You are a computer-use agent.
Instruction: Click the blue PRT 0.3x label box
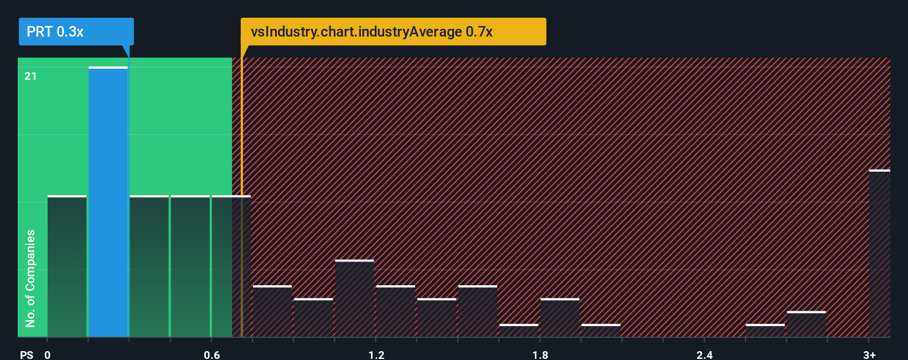pyautogui.click(x=76, y=32)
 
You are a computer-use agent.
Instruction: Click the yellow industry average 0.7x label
pyautogui.click(x=393, y=32)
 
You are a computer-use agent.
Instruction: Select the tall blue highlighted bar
pyautogui.click(x=108, y=202)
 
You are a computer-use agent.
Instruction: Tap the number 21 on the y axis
pyautogui.click(x=30, y=76)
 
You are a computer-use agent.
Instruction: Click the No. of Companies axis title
pyautogui.click(x=30, y=278)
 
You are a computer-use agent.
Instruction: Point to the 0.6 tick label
pyautogui.click(x=211, y=354)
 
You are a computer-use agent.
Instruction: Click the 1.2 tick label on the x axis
pyautogui.click(x=376, y=354)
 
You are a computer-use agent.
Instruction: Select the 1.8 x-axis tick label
pyautogui.click(x=540, y=354)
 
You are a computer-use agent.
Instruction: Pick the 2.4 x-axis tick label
pyautogui.click(x=704, y=354)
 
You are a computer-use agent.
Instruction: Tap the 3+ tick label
pyautogui.click(x=869, y=354)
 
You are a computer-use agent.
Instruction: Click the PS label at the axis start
pyautogui.click(x=27, y=354)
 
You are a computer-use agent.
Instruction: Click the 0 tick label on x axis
pyautogui.click(x=48, y=354)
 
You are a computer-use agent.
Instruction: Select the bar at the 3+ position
pyautogui.click(x=879, y=254)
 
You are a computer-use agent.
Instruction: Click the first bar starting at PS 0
pyautogui.click(x=67, y=266)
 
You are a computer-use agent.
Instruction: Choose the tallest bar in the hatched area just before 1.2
pyautogui.click(x=354, y=299)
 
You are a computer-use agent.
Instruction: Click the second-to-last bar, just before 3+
pyautogui.click(x=806, y=325)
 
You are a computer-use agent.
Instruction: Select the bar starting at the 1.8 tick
pyautogui.click(x=560, y=318)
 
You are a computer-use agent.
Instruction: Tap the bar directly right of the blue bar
pyautogui.click(x=149, y=266)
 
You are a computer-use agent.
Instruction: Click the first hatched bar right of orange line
pyautogui.click(x=272, y=311)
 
